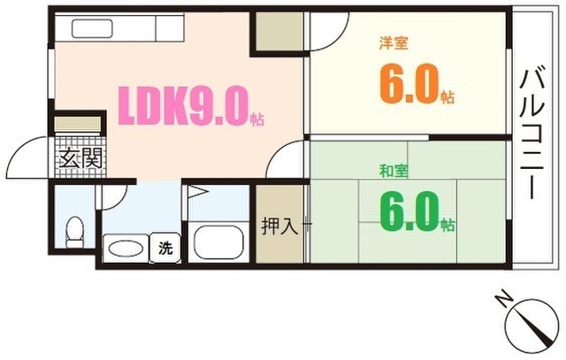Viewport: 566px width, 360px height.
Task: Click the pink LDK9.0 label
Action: [184, 106]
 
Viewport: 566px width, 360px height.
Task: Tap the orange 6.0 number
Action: [409, 84]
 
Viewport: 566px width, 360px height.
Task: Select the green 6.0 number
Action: [409, 211]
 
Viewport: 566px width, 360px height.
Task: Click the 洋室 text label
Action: [394, 43]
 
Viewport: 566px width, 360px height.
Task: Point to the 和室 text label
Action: [394, 171]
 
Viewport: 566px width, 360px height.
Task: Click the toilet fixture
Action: [74, 232]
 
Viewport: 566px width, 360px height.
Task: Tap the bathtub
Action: [218, 242]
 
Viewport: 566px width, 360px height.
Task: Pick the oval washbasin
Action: [126, 249]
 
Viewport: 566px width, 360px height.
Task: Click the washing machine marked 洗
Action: [165, 248]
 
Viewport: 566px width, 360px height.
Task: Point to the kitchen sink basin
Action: [92, 28]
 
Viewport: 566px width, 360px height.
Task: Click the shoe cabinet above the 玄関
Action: [77, 124]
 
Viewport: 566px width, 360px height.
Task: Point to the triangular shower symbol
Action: [197, 191]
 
